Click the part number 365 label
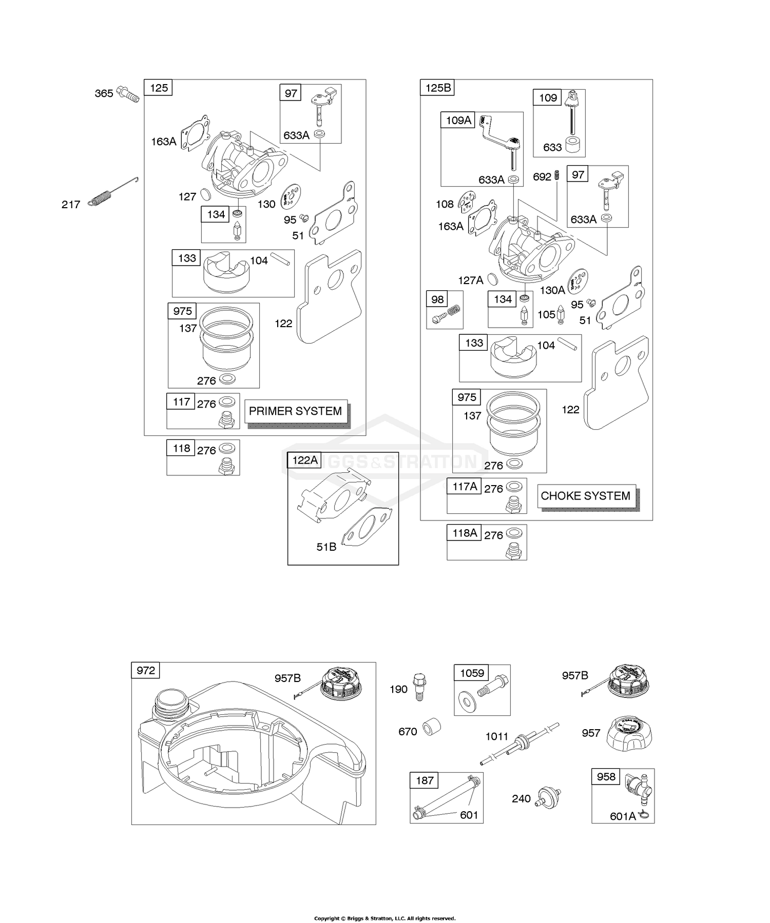(x=104, y=93)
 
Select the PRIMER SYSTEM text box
(x=295, y=411)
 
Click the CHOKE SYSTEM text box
(x=585, y=496)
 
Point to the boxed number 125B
(x=438, y=88)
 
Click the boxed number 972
(x=146, y=671)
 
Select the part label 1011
(x=496, y=737)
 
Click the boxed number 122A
(x=305, y=460)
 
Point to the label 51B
(x=326, y=547)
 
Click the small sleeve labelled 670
(x=432, y=728)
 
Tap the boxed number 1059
(x=472, y=673)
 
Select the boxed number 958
(x=606, y=777)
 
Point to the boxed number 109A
(x=458, y=121)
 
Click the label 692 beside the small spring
(x=542, y=177)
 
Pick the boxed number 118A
(x=465, y=533)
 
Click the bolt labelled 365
(x=128, y=94)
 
